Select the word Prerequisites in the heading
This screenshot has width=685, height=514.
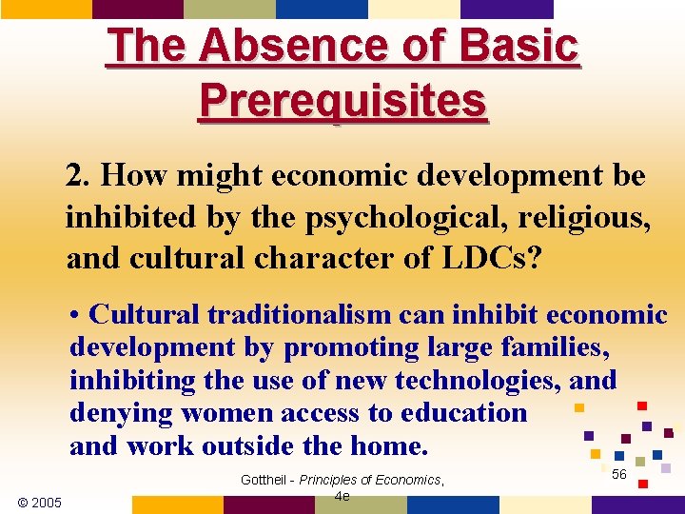pos(343,100)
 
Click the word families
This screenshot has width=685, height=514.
pos(547,348)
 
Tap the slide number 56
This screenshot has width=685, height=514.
pos(618,474)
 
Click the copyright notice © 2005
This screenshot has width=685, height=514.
pos(40,502)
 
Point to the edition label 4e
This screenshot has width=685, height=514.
pos(342,496)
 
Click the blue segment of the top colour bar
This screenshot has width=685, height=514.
pos(322,9)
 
